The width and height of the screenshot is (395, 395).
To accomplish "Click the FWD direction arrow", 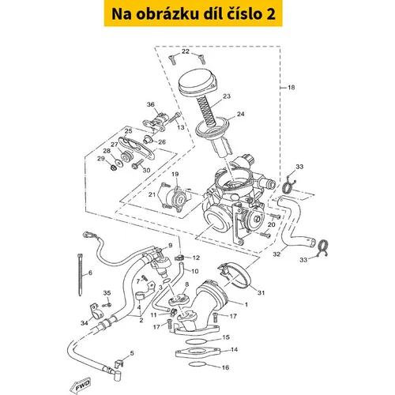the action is coord(80,386).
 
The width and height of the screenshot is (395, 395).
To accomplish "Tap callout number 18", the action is coord(291,87).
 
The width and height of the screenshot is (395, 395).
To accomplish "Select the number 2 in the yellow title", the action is coord(271,13).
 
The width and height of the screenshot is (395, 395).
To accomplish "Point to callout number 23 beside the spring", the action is coord(227,96).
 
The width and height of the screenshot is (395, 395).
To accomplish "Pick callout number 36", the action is coord(151,104).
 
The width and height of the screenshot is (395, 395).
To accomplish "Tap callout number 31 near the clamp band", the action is coord(261,292).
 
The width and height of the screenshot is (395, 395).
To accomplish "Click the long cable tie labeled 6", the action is coord(80,275).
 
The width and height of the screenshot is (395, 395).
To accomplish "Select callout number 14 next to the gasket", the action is coord(234,349).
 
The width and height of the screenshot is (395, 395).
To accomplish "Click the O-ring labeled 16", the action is coord(197,364).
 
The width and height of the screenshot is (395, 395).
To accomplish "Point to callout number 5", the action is coord(132,353).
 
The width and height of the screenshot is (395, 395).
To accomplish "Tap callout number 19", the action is coord(175,174).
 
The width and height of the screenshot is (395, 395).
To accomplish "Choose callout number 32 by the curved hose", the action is coord(276,254).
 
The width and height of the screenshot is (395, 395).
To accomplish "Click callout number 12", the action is coord(196,258).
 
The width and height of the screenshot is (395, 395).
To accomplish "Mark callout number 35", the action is coord(107,293).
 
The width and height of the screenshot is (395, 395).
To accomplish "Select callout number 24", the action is coord(241,114).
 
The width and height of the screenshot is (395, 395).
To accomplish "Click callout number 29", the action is coord(101,159).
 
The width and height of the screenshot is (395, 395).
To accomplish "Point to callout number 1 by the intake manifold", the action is coord(246,304).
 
